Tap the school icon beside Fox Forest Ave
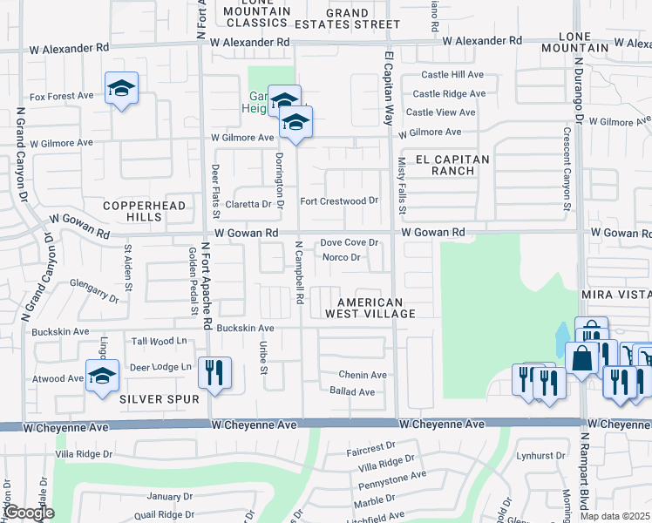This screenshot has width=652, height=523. pyautogui.click(x=121, y=89)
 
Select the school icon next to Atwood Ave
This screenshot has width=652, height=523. pyautogui.click(x=102, y=377)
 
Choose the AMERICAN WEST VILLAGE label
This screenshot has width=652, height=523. pyautogui.click(x=370, y=308)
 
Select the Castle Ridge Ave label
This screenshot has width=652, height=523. pyautogui.click(x=448, y=93)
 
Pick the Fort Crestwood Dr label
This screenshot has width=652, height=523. pyautogui.click(x=340, y=200)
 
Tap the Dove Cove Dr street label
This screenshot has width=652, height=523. pyautogui.click(x=349, y=243)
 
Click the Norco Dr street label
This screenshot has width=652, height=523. pyautogui.click(x=342, y=257)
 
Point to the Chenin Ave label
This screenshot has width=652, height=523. pyautogui.click(x=363, y=375)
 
